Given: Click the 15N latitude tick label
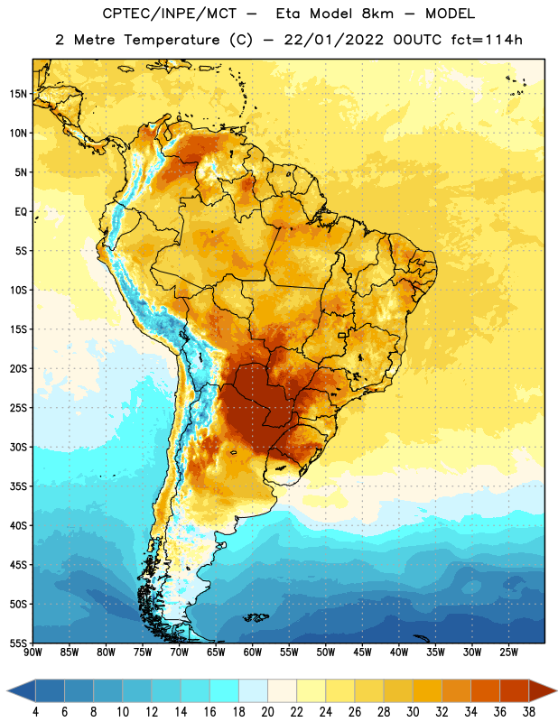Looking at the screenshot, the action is click(18, 94).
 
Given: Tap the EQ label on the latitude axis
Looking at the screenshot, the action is click(21, 212).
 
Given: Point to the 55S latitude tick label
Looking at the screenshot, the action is click(18, 643).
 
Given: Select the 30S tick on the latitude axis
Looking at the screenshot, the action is click(18, 447).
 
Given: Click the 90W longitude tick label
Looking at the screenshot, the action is click(33, 653).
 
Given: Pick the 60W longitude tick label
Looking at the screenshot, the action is click(253, 653).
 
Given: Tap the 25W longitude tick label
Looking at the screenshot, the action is click(508, 653).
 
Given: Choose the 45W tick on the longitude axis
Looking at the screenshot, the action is click(362, 653).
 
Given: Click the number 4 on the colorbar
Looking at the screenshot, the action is click(35, 712).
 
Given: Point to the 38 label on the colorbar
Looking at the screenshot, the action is click(529, 712).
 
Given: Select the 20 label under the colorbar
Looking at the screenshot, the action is click(267, 712).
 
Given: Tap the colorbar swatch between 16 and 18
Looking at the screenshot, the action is click(225, 690).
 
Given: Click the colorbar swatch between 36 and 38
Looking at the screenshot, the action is click(515, 690).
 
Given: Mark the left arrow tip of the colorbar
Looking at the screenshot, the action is click(7, 690).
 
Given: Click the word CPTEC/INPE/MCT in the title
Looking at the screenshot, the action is click(170, 14).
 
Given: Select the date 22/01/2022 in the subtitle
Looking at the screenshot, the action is click(333, 40).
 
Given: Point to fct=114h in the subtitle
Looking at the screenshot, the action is click(487, 40).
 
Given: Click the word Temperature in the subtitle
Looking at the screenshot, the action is click(172, 41).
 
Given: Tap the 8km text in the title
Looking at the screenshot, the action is click(377, 14).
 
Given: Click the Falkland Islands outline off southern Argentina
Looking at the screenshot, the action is click(256, 617).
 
